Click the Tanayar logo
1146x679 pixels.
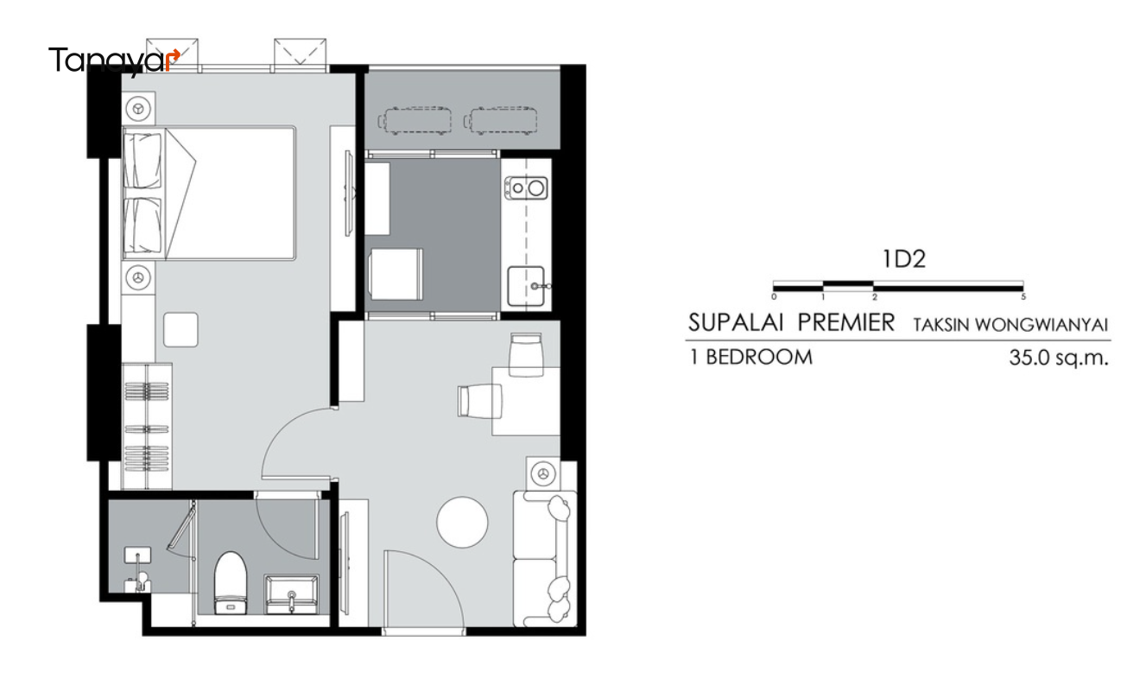click(114, 61)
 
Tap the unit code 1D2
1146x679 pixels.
click(904, 259)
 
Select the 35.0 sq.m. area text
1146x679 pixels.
click(1059, 358)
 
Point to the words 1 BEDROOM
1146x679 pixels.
click(751, 357)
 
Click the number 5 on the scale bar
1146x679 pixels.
click(1023, 297)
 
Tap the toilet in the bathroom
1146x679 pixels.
click(231, 583)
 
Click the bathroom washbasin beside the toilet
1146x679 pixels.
click(291, 594)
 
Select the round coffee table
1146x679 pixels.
click(462, 523)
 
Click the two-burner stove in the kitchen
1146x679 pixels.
click(526, 188)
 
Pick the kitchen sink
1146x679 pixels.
click(526, 286)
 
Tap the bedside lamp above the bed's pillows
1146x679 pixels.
click(138, 109)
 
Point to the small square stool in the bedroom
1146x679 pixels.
click(180, 330)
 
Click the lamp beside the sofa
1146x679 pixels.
click(543, 473)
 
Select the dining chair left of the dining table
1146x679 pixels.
click(479, 401)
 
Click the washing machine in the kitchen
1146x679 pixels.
click(396, 274)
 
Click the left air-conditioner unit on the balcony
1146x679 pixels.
click(415, 122)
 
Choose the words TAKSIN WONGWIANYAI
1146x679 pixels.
click(1010, 325)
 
